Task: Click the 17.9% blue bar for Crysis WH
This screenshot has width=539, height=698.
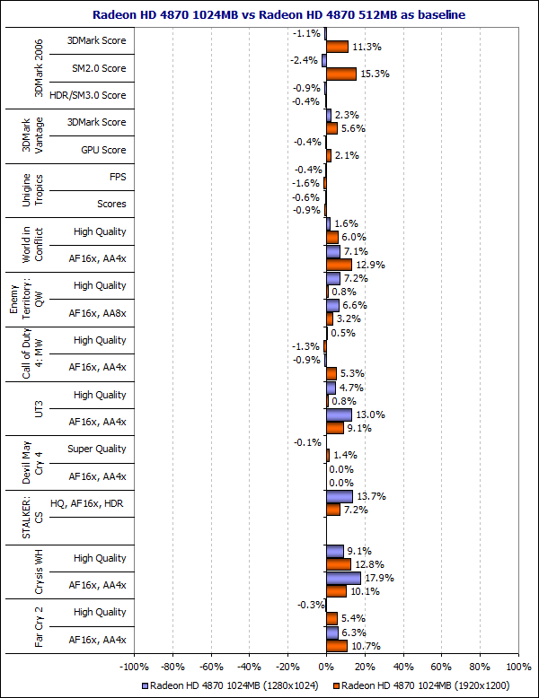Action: tap(342, 578)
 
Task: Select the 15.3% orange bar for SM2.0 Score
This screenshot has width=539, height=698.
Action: tap(340, 74)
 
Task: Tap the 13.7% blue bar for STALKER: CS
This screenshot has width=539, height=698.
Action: tap(339, 496)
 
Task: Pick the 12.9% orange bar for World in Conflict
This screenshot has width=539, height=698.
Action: tap(338, 265)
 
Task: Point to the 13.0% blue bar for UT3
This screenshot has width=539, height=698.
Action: tap(338, 414)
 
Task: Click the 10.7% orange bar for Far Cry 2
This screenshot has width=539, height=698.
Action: tap(336, 646)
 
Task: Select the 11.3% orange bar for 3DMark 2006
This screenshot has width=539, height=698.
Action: tap(336, 47)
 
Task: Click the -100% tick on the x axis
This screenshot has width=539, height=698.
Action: tap(134, 667)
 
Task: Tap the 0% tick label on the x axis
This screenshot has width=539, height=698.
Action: tap(325, 667)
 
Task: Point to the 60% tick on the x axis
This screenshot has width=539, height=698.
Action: tap(441, 667)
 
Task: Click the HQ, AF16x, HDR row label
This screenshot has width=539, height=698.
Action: tap(89, 504)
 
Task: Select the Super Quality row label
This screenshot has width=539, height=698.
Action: tap(97, 449)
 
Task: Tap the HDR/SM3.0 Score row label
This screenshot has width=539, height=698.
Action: tap(90, 95)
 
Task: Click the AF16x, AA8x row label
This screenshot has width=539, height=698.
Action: tap(98, 313)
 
